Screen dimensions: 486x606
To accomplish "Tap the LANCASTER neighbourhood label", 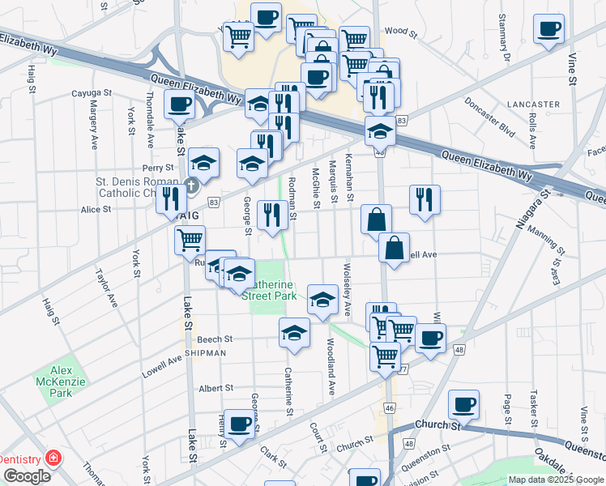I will [533, 104].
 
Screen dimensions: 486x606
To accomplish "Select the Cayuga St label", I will [89, 93].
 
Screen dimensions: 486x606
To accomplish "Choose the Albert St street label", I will [216, 389].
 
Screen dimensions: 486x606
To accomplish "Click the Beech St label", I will [216, 339].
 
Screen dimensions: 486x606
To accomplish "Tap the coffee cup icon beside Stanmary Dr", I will [548, 28].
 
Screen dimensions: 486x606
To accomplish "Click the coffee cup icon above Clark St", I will [239, 423].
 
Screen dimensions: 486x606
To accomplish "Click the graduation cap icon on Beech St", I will [294, 331].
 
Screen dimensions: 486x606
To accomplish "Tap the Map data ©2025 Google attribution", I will [555, 480].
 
